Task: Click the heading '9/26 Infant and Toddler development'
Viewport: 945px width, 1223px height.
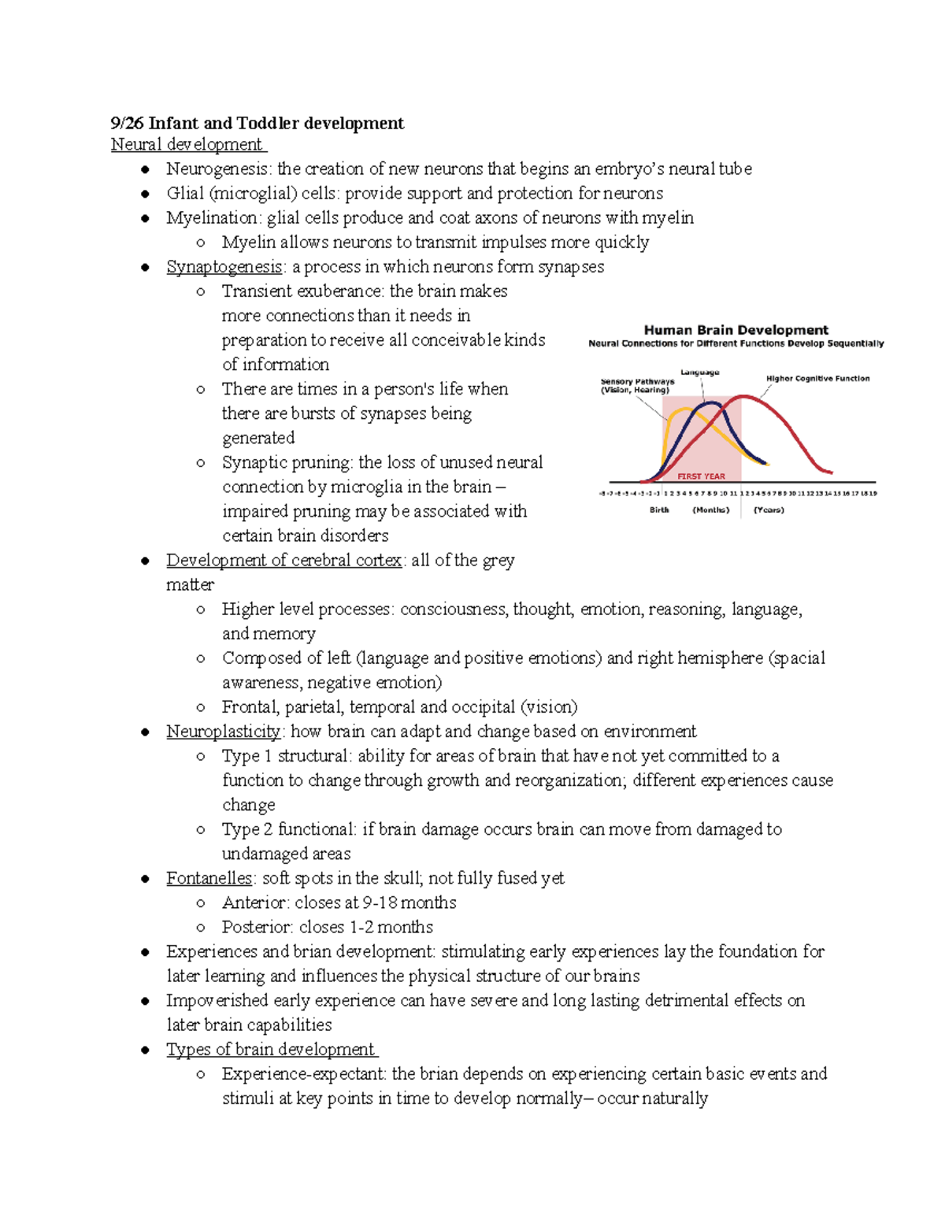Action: (x=257, y=123)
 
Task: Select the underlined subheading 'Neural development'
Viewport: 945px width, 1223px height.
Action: (x=187, y=145)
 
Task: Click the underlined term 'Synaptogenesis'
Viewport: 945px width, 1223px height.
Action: (x=224, y=267)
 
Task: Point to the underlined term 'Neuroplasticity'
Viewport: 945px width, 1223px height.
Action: (x=223, y=732)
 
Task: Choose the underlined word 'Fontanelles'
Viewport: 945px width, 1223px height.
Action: (x=209, y=878)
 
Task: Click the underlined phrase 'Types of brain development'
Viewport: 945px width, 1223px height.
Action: (x=271, y=1050)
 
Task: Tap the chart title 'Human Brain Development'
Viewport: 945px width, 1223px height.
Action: (x=736, y=330)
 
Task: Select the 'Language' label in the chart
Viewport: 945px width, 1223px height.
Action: (x=699, y=372)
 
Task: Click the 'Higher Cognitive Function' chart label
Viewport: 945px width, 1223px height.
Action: (x=817, y=379)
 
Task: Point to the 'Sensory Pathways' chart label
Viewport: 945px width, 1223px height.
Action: (x=637, y=382)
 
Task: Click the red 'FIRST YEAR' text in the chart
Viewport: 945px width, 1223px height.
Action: (x=701, y=476)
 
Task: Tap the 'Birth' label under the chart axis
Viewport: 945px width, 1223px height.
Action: (x=659, y=510)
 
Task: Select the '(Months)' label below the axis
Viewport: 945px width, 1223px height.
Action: (x=710, y=510)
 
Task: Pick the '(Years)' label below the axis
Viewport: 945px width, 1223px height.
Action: (x=769, y=510)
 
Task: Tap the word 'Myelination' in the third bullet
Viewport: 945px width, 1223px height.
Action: (x=212, y=218)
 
